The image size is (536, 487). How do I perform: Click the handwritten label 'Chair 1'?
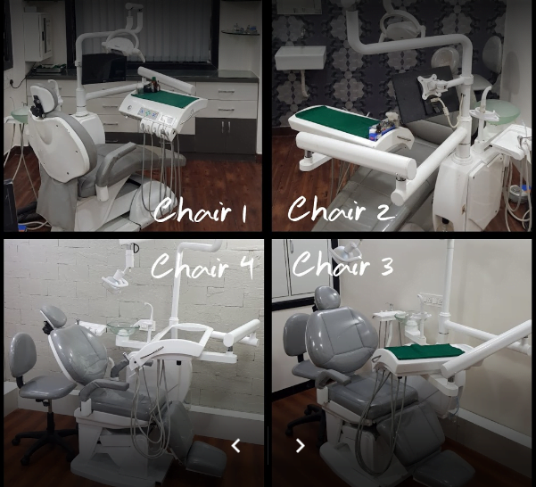[200, 209]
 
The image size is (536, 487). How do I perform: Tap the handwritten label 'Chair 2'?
[341, 209]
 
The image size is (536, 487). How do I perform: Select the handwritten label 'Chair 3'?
[342, 264]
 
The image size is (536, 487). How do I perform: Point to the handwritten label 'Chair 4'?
[202, 266]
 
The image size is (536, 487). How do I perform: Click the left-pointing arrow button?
[235, 446]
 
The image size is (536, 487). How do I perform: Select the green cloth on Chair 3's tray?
[424, 351]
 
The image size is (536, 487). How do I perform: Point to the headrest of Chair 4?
[54, 316]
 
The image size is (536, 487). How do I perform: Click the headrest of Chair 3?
[327, 298]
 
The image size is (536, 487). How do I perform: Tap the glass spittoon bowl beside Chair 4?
[123, 328]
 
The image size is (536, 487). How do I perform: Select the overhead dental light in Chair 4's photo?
[116, 279]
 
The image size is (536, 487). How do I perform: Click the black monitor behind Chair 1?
[104, 69]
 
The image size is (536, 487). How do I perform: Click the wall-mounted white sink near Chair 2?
[301, 58]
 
